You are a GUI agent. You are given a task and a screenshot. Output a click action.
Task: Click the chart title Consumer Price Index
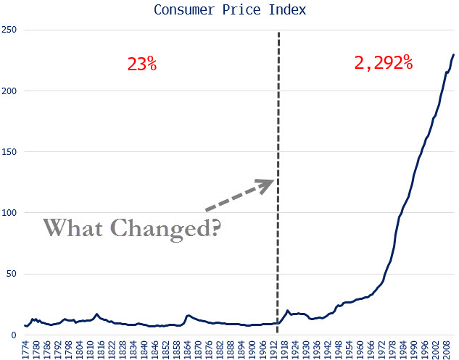[x=229, y=10]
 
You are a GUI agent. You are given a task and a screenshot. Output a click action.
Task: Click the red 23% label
[x=142, y=64]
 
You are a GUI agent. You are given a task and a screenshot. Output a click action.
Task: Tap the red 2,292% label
[x=384, y=63]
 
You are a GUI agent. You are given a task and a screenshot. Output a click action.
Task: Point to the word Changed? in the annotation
[x=171, y=229]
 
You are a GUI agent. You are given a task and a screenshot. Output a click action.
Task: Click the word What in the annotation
[x=76, y=227]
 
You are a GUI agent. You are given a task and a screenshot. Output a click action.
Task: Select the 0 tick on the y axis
[x=15, y=335]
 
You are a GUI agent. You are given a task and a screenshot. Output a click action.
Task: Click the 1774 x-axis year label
[x=26, y=349]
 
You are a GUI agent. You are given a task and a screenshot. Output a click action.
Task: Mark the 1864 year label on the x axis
[x=187, y=349]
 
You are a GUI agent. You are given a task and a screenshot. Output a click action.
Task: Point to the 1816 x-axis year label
[x=102, y=349]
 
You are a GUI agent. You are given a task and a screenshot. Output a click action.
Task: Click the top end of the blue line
[x=454, y=54]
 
